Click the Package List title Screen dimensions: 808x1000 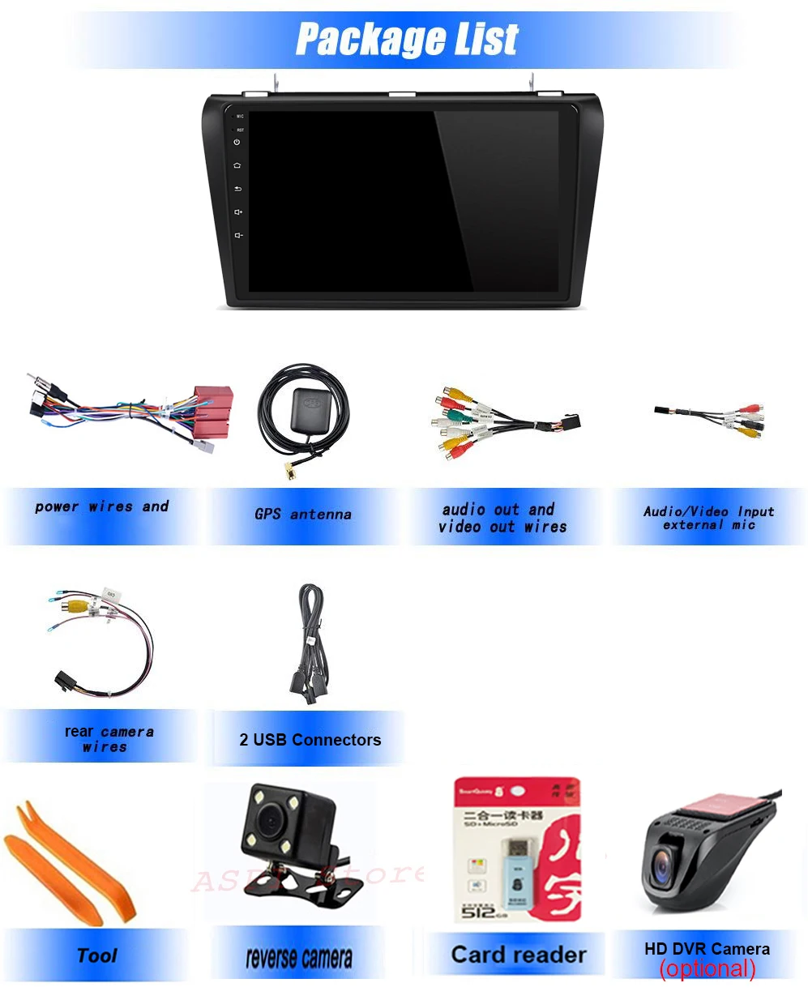tap(407, 39)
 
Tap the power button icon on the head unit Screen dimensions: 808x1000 tap(237, 142)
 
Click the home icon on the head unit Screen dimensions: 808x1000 tap(237, 165)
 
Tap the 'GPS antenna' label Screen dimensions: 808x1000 tap(303, 514)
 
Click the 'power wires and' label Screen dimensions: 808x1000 tap(102, 506)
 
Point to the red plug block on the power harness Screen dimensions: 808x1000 tap(212, 410)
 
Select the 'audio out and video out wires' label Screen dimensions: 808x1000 tap(502, 518)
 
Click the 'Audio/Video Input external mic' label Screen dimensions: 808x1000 tap(709, 518)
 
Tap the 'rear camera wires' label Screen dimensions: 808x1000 tap(108, 738)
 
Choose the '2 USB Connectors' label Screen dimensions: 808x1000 tap(310, 739)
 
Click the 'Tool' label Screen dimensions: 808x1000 tap(97, 955)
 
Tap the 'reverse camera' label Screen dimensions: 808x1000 tap(299, 959)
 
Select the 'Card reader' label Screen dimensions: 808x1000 tap(519, 955)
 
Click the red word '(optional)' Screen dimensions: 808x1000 tap(708, 968)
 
